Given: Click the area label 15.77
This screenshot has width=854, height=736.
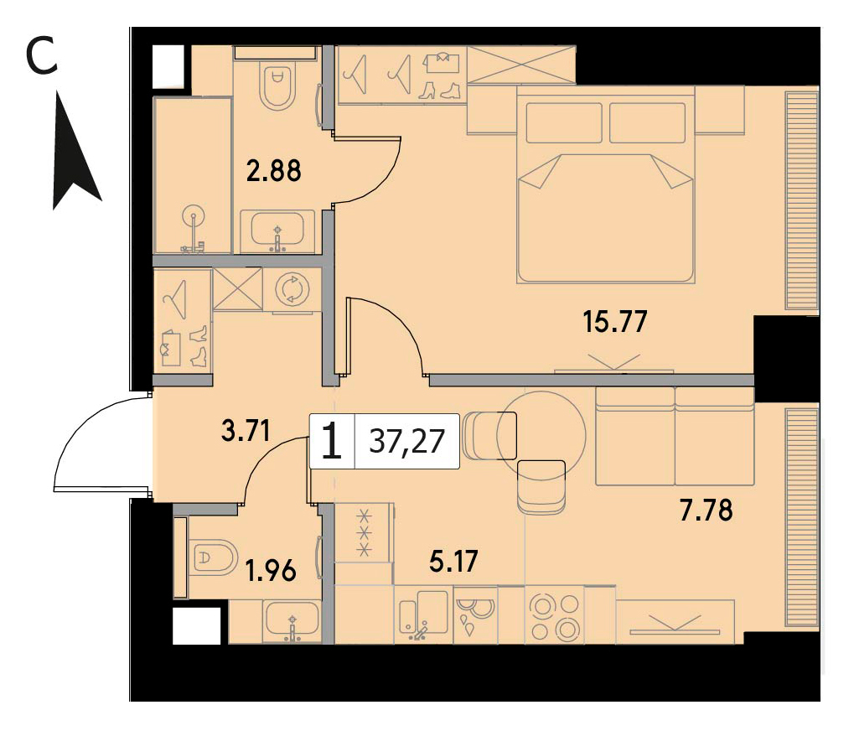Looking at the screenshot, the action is tap(615, 321).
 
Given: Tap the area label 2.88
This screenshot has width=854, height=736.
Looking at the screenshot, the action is tap(273, 170).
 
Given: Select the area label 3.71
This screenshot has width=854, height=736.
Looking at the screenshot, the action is tap(246, 431).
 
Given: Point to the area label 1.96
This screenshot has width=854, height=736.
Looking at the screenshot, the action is tap(271, 571).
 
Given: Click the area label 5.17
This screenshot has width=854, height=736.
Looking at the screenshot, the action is tap(453, 561).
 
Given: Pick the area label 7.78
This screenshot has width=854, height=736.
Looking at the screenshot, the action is tap(706, 511).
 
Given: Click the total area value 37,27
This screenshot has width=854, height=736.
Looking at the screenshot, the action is tap(406, 441).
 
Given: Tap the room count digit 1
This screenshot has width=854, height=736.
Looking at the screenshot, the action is tap(332, 441).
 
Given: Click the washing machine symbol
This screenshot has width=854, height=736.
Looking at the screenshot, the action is tap(292, 289).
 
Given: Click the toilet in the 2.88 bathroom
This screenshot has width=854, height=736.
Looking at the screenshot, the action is tap(277, 86).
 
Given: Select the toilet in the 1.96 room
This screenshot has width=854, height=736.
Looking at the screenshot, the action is tap(214, 557).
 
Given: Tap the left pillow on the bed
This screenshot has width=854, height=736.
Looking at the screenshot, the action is tap(565, 123).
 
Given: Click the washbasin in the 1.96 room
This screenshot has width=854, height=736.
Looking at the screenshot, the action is tap(292, 620).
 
